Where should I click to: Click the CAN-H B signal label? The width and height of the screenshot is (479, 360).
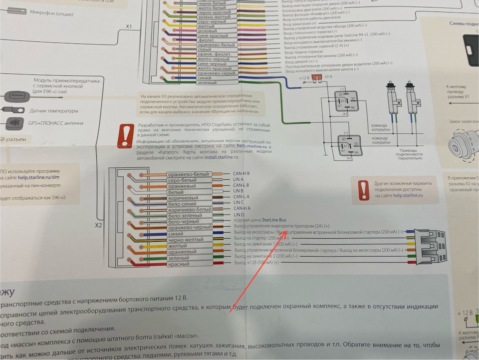click(x=241, y=173)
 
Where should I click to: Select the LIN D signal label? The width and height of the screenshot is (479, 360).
click(x=239, y=215)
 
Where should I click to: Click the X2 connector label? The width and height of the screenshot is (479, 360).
click(x=99, y=225)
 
